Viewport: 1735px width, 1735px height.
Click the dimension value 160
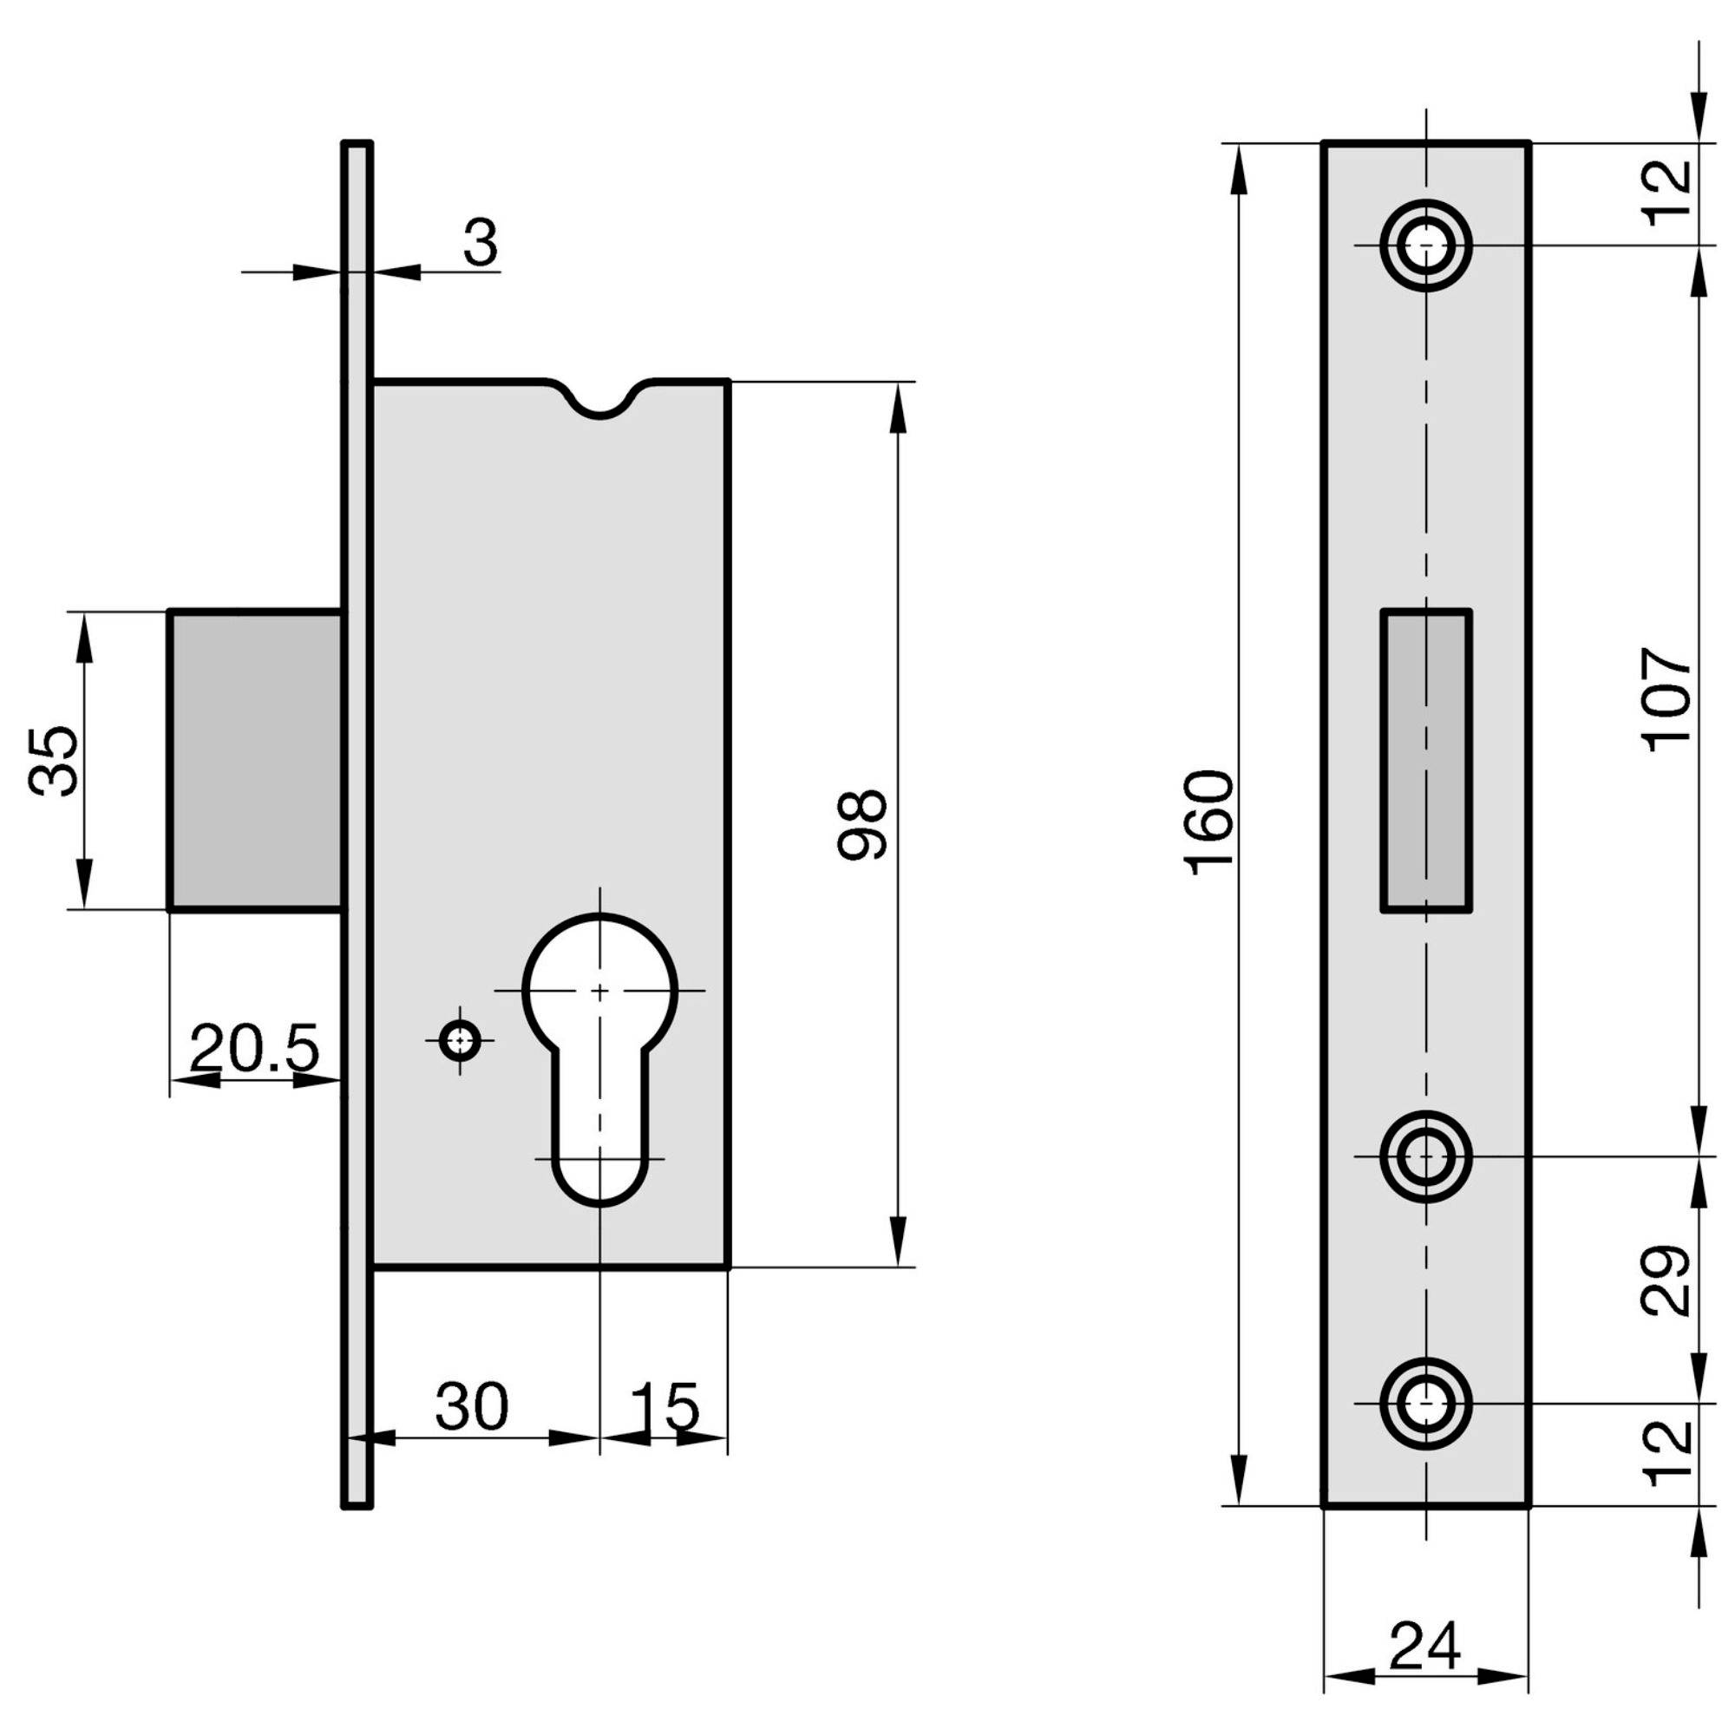coord(1208,822)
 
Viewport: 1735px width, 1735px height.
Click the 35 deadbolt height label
coord(53,761)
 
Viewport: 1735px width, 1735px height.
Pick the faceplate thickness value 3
coord(481,243)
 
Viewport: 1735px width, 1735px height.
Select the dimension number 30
coord(473,1406)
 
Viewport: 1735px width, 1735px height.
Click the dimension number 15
coord(664,1406)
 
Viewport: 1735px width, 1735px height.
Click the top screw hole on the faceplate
coord(1425,246)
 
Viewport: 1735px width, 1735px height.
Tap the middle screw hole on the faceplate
coord(1425,1156)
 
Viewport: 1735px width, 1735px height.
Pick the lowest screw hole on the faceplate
coord(1425,1403)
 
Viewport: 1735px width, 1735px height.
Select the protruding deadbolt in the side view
coord(256,760)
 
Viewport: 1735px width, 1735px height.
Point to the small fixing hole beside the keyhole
coord(460,1041)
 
